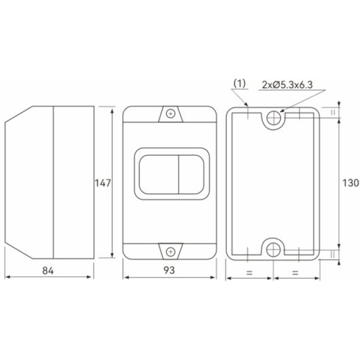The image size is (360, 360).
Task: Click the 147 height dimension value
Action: click(103, 183)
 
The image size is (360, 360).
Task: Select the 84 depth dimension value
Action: click(48, 271)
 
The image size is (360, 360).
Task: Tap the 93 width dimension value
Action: click(169, 270)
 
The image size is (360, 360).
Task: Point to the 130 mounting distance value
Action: click(351, 183)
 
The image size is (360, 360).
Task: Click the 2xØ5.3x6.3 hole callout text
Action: click(287, 85)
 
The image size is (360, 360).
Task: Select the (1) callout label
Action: click(240, 83)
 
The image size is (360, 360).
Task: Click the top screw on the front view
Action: click(171, 114)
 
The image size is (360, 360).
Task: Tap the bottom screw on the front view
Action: click(171, 252)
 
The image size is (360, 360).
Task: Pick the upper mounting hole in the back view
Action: click(274, 118)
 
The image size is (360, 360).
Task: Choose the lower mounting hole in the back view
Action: click(273, 249)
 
